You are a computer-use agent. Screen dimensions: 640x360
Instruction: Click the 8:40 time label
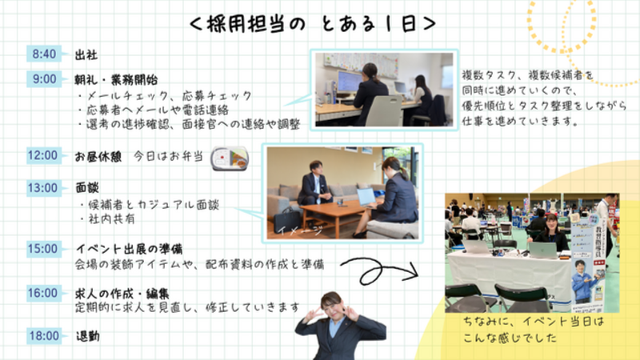(44, 54)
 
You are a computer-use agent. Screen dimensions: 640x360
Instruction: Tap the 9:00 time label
(44, 78)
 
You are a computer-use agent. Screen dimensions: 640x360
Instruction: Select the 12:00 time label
(44, 155)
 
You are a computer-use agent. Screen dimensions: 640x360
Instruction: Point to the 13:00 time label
(44, 188)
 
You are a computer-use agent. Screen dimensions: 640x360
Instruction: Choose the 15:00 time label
(44, 249)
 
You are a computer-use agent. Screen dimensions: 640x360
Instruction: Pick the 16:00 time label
(44, 293)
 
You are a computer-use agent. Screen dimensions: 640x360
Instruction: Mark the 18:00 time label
(44, 336)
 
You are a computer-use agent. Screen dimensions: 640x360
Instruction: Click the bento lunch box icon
(230, 158)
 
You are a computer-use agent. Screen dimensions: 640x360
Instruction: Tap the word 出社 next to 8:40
(86, 54)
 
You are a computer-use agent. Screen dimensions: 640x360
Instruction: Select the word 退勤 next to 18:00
(88, 336)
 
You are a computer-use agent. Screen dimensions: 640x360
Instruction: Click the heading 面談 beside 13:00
(87, 188)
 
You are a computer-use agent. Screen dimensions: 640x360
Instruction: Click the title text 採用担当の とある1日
(313, 24)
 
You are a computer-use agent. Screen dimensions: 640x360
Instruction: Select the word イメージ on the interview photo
(300, 230)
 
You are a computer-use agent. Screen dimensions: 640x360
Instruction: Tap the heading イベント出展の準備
(130, 249)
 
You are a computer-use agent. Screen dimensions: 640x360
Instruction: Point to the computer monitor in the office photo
(349, 82)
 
